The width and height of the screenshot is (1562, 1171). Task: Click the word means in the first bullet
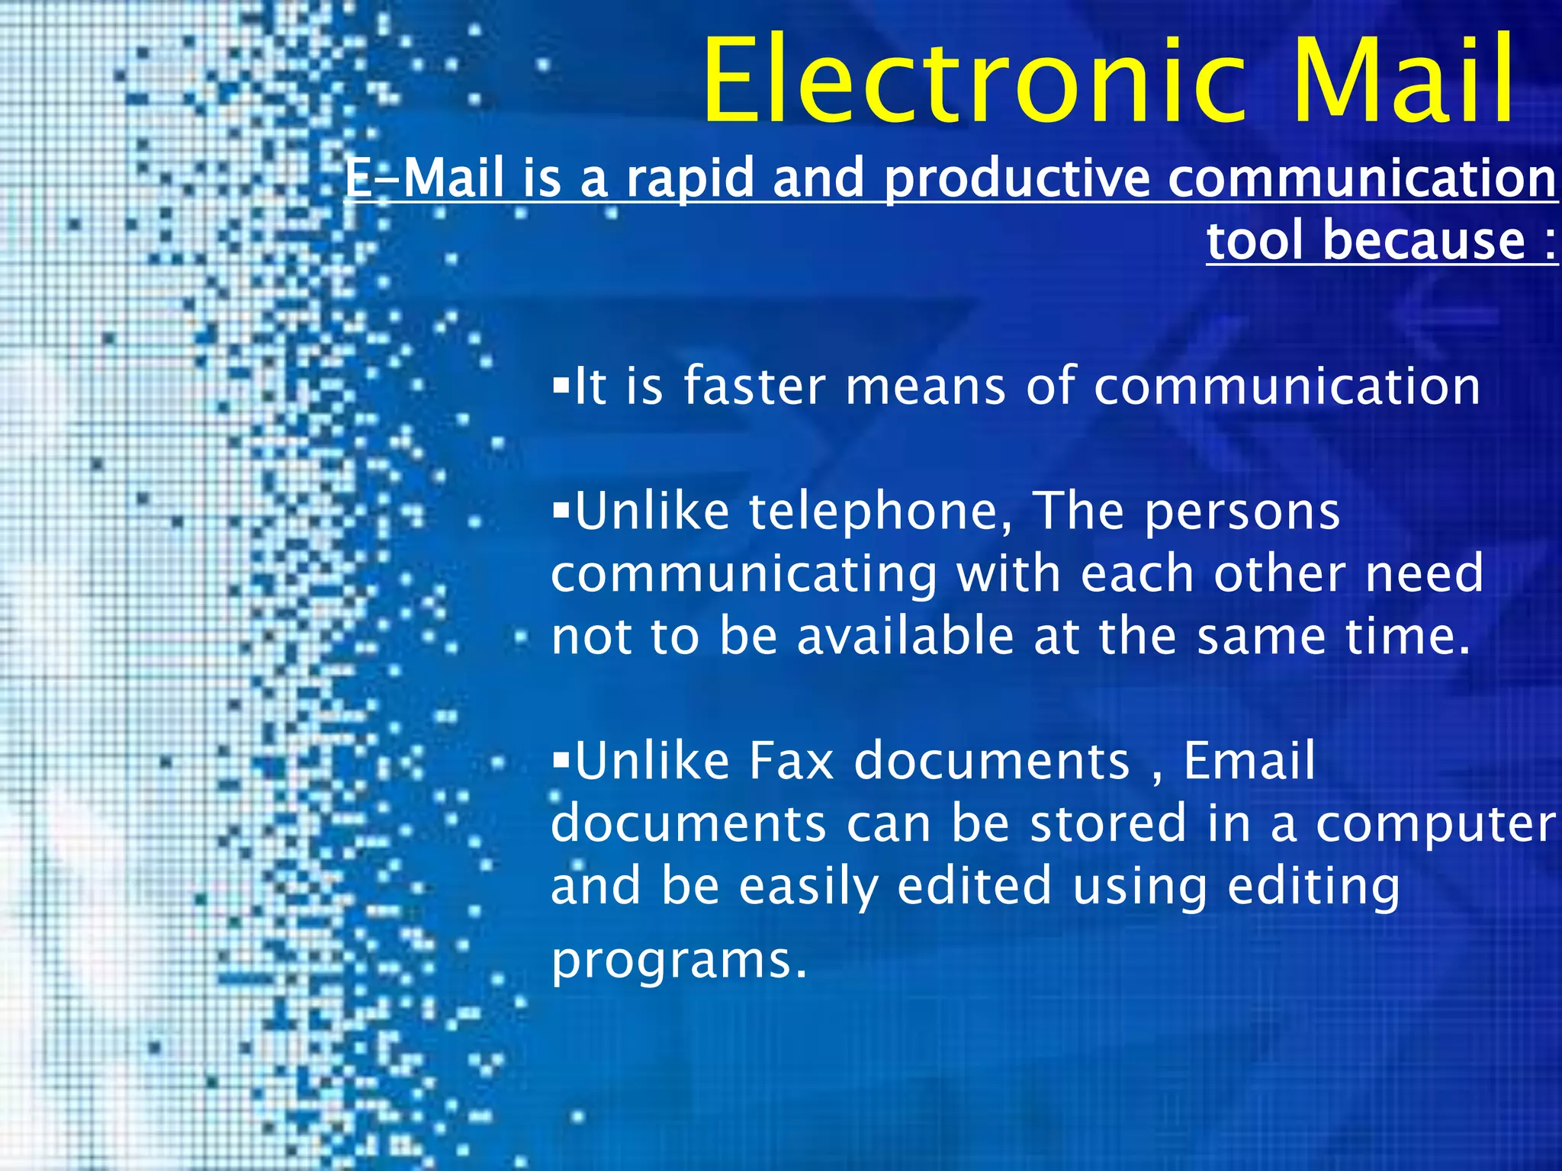point(925,387)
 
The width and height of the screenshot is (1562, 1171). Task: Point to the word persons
point(1242,512)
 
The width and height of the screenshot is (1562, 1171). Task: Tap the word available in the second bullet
point(905,637)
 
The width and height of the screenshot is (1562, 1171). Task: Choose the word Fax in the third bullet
point(791,761)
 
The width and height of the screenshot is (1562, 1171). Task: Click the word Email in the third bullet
point(1249,761)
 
